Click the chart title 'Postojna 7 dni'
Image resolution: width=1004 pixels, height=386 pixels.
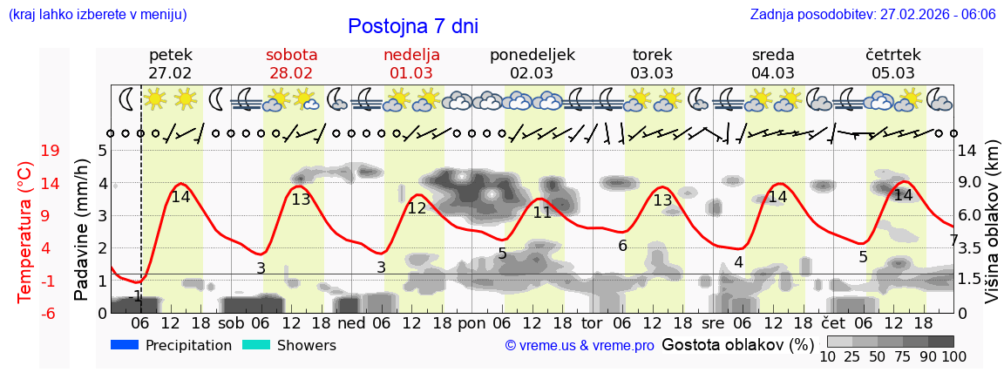(412, 26)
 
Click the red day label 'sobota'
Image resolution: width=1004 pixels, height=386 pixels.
(291, 55)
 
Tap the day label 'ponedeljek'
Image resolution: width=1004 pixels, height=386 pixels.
(532, 55)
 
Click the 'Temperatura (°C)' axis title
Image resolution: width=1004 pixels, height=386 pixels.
(26, 232)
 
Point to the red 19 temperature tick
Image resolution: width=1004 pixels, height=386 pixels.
(50, 151)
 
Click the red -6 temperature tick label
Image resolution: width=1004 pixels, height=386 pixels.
(50, 313)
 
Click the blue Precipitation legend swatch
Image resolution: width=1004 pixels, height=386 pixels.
(125, 345)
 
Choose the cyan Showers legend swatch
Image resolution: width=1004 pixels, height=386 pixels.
(256, 345)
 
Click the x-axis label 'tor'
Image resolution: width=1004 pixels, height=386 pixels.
(592, 322)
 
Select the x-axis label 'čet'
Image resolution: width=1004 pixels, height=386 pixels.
(832, 322)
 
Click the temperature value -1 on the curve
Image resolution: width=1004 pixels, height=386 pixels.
(134, 297)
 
